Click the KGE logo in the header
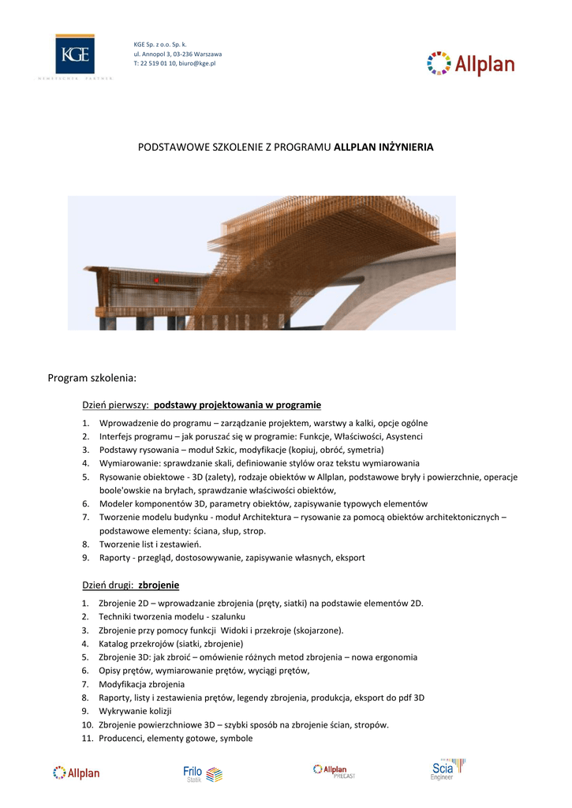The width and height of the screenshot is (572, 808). (x=75, y=56)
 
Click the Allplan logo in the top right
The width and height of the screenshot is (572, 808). (x=471, y=64)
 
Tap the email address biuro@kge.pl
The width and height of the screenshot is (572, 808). (x=197, y=62)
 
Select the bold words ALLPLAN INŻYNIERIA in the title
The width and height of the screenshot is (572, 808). (x=383, y=148)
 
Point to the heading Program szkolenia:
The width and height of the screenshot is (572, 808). (x=92, y=379)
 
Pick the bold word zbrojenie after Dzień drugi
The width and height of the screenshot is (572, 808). (x=159, y=585)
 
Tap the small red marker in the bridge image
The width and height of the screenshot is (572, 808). (x=156, y=280)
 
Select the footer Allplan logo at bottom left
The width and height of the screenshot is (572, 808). (x=77, y=773)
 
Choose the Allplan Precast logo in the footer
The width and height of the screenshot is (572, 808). (x=335, y=772)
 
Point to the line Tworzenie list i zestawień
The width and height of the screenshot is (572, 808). (x=150, y=544)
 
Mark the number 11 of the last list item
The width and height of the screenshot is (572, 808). (x=87, y=739)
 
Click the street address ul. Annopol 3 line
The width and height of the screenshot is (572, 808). (x=178, y=54)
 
